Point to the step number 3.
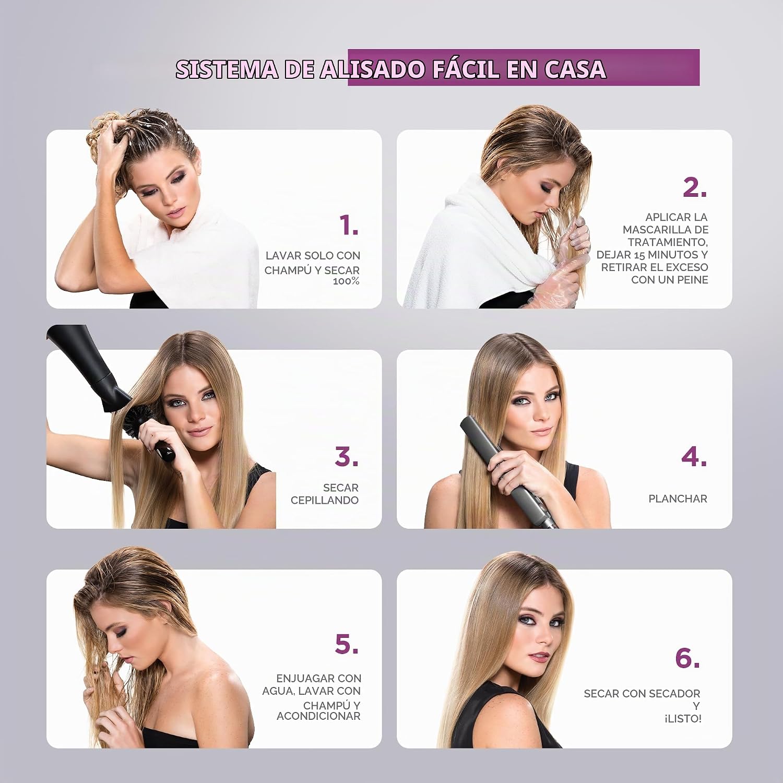pos(347,456)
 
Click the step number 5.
pos(347,644)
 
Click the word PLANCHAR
pos(678,499)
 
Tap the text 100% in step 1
pos(347,281)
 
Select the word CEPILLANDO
pos(325,500)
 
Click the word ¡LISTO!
pos(683,719)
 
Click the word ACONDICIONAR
pos(318,716)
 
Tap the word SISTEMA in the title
pos(227,69)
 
